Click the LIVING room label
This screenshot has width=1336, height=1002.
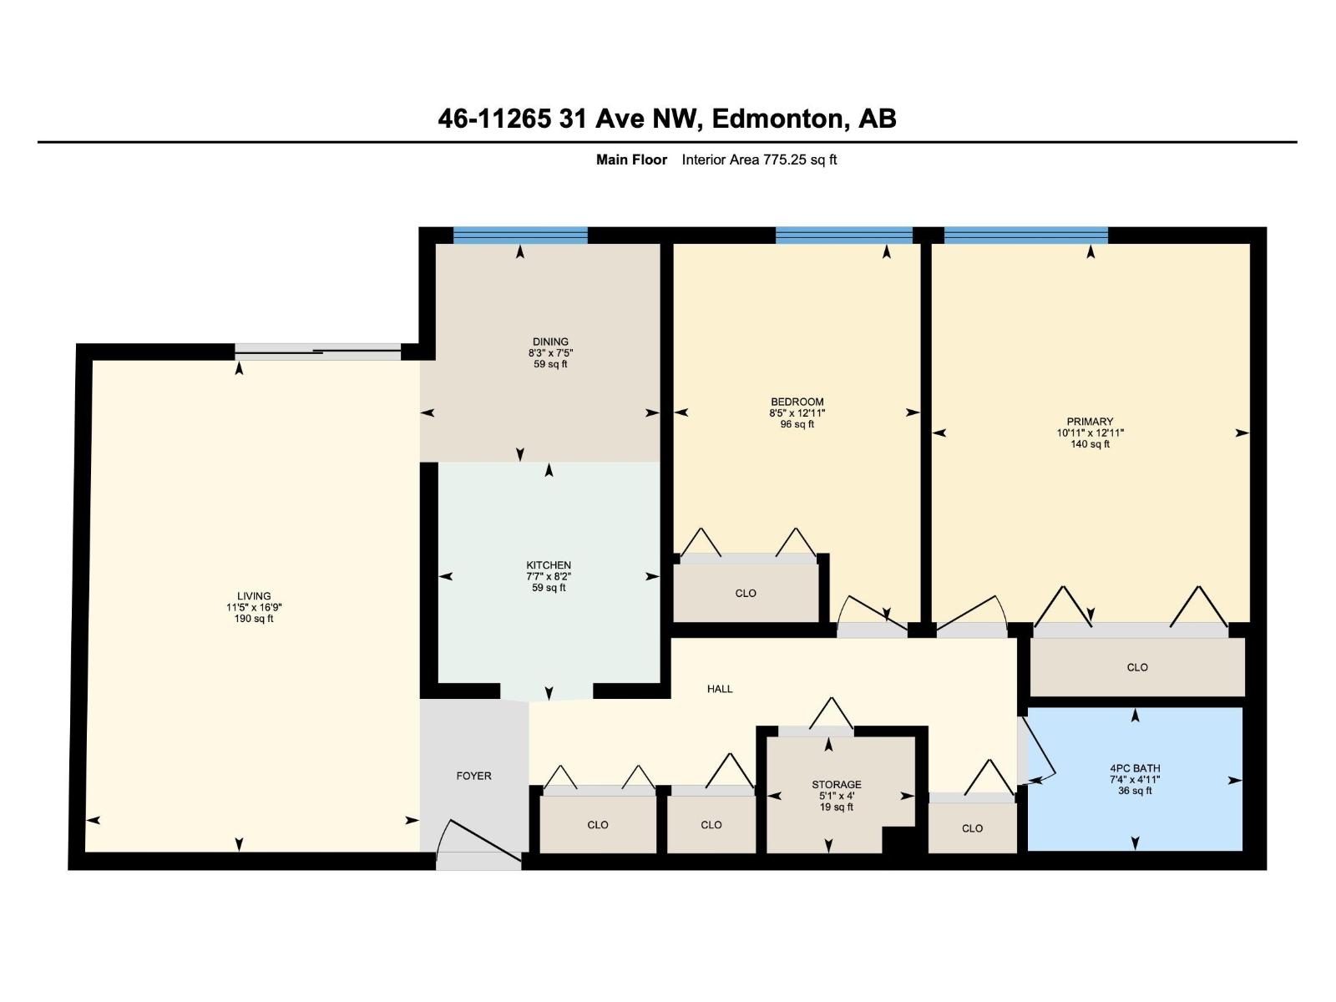tap(254, 596)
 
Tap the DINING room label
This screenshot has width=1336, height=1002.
tap(550, 342)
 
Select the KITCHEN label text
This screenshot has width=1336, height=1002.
tap(549, 565)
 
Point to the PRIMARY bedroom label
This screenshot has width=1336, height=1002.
tap(1090, 422)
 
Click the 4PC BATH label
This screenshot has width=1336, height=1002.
tap(1135, 768)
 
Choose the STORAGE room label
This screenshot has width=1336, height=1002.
tap(836, 785)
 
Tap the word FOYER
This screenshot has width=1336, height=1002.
tap(473, 776)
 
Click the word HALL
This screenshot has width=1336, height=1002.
tap(720, 689)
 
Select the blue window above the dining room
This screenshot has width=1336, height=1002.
tap(520, 235)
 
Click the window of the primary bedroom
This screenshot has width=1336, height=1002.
tap(1025, 235)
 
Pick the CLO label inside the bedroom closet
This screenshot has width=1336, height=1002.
tap(746, 594)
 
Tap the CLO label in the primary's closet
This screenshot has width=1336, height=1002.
tap(1137, 667)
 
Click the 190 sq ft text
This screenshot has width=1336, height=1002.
tap(254, 619)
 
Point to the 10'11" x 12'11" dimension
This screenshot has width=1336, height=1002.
tap(1090, 433)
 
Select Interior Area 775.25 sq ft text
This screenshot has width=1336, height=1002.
tap(759, 159)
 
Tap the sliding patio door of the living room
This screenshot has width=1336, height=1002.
tap(317, 352)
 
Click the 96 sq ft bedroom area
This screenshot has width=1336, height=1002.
tap(797, 424)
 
